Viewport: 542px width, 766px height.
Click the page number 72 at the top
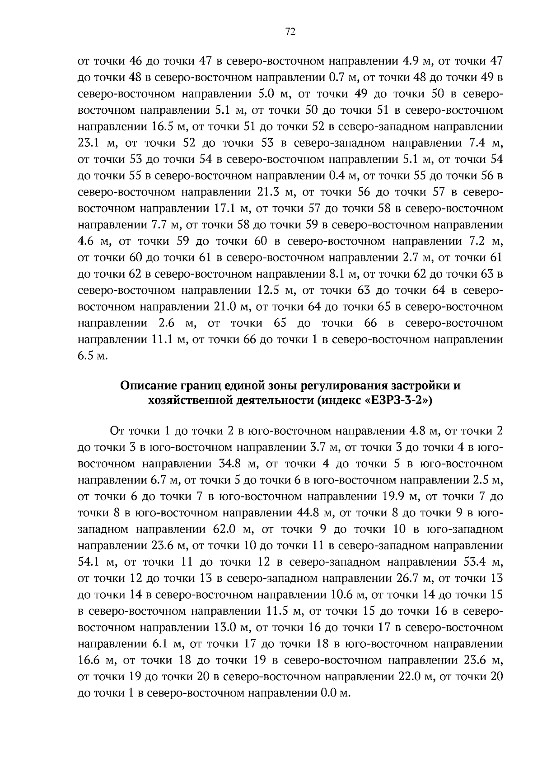coord(290,31)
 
